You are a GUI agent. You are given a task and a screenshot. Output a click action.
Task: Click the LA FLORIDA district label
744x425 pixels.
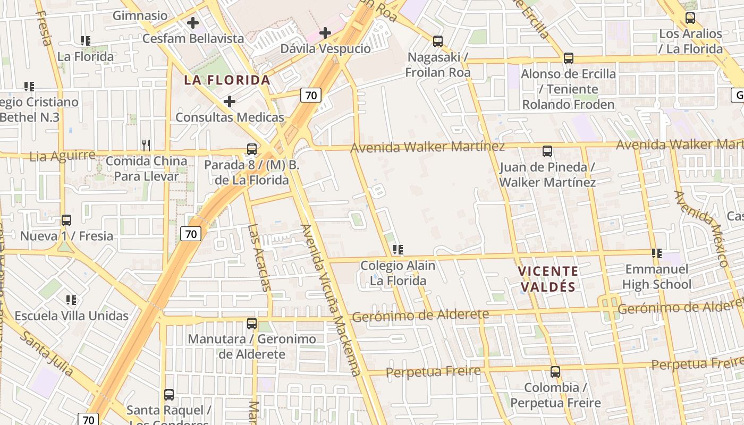tap(227, 80)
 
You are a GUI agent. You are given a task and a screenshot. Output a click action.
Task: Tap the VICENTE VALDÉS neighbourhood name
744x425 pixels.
tap(548, 279)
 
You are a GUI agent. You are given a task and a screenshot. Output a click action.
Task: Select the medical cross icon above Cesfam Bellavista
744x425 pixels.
tap(193, 23)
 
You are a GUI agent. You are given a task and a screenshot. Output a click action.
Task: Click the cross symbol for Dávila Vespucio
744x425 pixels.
tap(325, 33)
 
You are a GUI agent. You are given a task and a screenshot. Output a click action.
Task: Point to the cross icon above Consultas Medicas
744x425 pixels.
tap(230, 101)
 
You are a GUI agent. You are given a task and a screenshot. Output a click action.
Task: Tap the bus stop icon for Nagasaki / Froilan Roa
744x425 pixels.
tap(438, 41)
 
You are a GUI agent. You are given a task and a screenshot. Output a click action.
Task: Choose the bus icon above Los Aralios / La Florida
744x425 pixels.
tap(690, 18)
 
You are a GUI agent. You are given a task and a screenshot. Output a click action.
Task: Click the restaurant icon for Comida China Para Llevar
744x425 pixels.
tap(146, 144)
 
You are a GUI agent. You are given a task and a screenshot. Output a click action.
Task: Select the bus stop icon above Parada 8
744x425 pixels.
tap(252, 149)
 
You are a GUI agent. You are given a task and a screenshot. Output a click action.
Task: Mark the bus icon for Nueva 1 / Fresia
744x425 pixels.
tap(66, 220)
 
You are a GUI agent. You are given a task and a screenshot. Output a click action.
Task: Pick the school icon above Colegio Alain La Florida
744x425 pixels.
tap(398, 250)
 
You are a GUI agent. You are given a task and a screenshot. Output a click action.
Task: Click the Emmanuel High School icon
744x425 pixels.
tap(657, 253)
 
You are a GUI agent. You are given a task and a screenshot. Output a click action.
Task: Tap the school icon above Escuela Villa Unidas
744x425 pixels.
tap(71, 300)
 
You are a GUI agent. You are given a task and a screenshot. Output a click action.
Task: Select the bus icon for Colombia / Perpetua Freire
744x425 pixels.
tap(555, 372)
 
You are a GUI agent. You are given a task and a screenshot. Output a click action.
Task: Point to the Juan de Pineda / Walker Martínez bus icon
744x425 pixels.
tap(547, 151)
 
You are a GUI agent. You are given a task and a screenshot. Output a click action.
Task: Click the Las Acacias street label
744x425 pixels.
tap(259, 258)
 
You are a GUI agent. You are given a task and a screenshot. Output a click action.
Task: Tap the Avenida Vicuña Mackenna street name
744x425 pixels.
tap(331, 300)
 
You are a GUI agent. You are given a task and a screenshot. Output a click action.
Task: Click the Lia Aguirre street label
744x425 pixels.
tap(63, 156)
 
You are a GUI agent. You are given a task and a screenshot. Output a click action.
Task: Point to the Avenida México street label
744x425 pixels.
tap(700, 228)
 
